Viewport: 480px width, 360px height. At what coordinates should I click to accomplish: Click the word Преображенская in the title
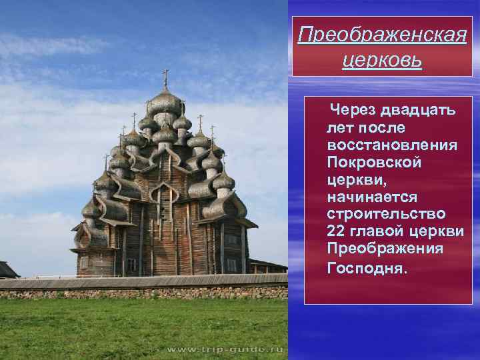[381, 35]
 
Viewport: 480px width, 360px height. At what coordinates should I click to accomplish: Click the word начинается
[372, 197]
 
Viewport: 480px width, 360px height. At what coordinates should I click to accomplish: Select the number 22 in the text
[337, 232]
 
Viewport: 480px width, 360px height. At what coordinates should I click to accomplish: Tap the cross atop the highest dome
[165, 77]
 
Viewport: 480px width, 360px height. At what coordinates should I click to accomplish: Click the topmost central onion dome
[165, 103]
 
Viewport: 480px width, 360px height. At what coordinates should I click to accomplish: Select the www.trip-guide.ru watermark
[225, 349]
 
